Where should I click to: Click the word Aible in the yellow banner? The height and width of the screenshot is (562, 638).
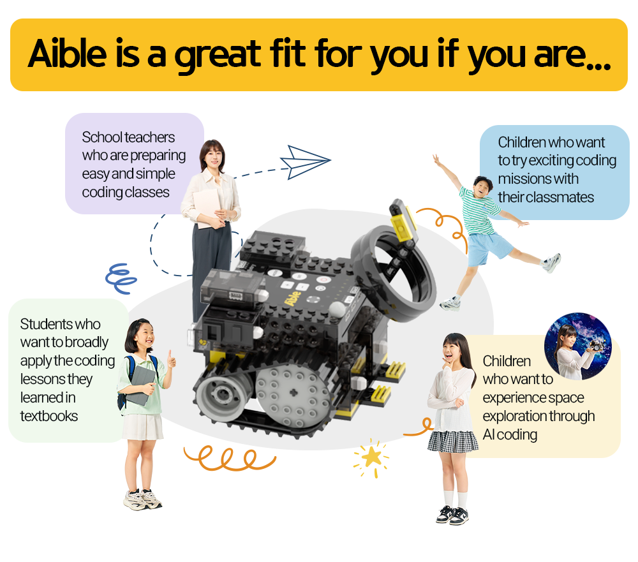click(x=68, y=54)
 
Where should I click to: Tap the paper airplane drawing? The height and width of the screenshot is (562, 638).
click(x=305, y=162)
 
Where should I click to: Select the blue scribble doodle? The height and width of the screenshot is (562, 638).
click(x=121, y=278)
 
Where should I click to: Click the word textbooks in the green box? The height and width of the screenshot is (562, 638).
click(x=49, y=416)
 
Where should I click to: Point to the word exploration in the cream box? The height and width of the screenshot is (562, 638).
click(x=513, y=417)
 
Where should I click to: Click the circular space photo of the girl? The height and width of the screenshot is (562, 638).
click(x=578, y=346)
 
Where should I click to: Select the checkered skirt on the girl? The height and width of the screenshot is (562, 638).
click(x=453, y=441)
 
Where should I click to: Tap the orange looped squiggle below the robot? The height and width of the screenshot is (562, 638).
click(x=230, y=458)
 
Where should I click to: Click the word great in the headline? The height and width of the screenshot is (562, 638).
click(x=218, y=55)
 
